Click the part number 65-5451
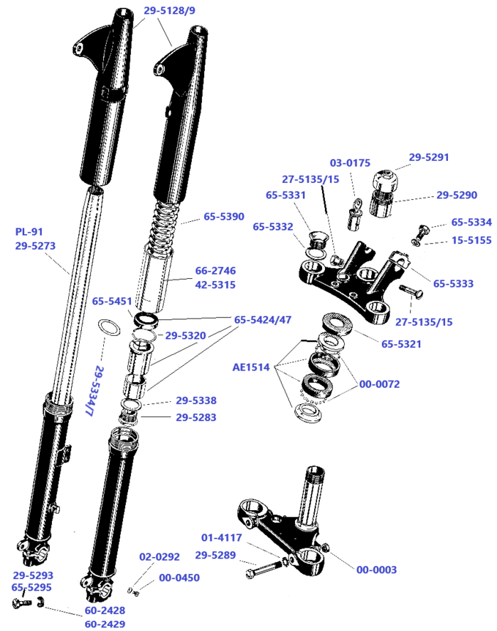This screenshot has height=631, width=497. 113,300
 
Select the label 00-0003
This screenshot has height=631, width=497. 378,569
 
